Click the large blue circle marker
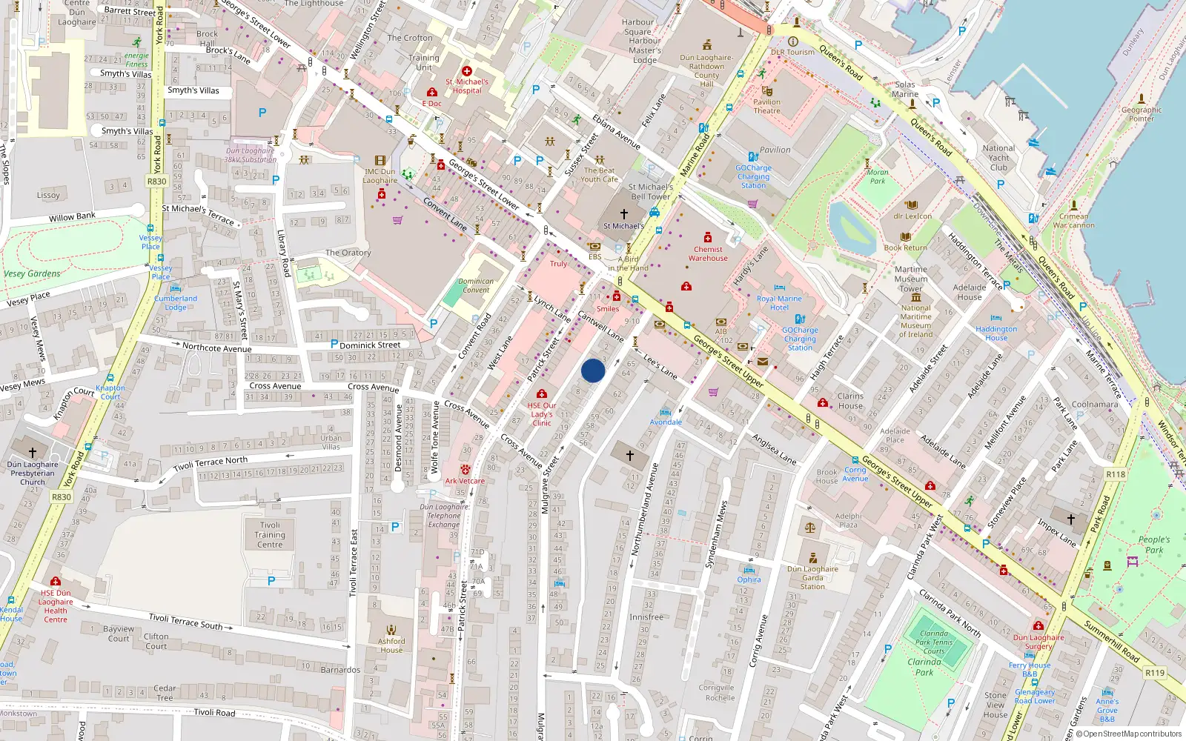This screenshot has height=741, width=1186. click(x=593, y=370)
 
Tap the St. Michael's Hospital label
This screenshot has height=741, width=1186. click(x=467, y=86)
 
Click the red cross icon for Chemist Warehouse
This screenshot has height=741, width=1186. click(x=708, y=238)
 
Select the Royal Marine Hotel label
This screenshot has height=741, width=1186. click(x=779, y=303)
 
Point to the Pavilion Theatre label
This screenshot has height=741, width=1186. click(x=766, y=107)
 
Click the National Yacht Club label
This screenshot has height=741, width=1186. click(x=998, y=157)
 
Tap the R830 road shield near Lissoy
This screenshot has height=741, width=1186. click(x=156, y=181)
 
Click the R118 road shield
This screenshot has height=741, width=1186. click(x=1115, y=474)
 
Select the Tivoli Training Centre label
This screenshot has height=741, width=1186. click(x=270, y=534)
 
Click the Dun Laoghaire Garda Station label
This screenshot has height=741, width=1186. click(x=812, y=578)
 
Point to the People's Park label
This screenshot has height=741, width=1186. click(x=1154, y=545)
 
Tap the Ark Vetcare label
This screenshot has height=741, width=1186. click(x=465, y=481)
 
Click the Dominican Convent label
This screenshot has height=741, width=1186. click(x=476, y=285)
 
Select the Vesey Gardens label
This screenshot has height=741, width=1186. click(x=32, y=273)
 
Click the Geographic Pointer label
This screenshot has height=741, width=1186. click(x=1141, y=114)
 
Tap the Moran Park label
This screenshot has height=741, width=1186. click(x=878, y=176)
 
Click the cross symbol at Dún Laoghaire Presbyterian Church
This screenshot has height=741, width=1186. click(x=33, y=452)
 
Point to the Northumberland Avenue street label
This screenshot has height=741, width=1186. click(x=643, y=509)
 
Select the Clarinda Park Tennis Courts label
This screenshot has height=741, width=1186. click(x=934, y=642)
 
